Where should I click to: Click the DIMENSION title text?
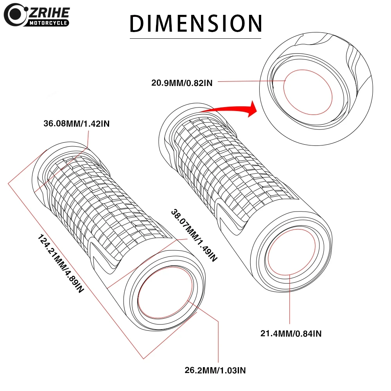(195, 23)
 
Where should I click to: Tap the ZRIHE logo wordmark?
(49, 12)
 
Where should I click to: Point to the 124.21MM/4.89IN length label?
(61, 264)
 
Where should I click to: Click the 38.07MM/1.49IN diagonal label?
(194, 235)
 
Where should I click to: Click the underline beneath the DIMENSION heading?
(195, 38)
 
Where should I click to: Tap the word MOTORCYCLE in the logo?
(49, 23)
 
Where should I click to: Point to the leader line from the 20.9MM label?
(250, 81)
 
